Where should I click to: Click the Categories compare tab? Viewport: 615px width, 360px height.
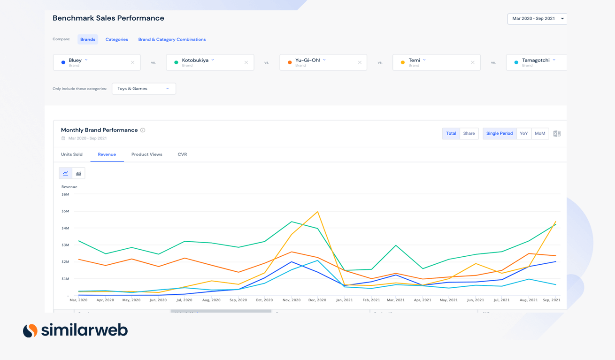pos(116,39)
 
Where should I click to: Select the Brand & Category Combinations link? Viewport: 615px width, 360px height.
pos(172,39)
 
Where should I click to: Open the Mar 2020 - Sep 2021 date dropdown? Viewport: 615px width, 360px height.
pos(537,19)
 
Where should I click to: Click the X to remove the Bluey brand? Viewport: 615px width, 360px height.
pos(132,62)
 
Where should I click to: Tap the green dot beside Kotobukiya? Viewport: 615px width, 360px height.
pos(176,62)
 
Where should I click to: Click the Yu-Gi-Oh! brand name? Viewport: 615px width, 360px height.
pos(307,60)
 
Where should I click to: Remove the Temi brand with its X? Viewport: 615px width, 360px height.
pos(472,62)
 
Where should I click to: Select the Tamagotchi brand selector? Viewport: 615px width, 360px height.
pos(536,62)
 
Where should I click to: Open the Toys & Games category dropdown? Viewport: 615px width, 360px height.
pos(144,89)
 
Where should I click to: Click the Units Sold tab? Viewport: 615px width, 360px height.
pos(72,154)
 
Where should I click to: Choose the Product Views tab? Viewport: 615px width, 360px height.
pos(146,154)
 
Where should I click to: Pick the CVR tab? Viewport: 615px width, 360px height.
pos(182,154)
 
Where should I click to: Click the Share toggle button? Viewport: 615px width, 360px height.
pos(469,134)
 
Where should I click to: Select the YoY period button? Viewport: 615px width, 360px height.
pos(523,134)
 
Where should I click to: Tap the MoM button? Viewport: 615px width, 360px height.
pos(540,134)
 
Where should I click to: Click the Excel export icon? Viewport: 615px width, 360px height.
pos(557,134)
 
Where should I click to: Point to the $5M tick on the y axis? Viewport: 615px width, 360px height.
pos(65,211)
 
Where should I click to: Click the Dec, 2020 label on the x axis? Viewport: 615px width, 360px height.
pos(317,300)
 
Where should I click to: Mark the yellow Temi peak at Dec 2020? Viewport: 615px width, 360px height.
pos(318,211)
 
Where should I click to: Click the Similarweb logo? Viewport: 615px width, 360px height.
pos(75,330)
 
